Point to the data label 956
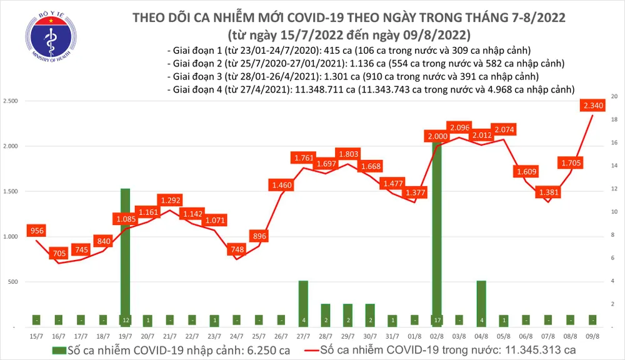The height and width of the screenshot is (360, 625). pos(37,231)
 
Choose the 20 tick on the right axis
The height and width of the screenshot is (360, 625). pos(614,97)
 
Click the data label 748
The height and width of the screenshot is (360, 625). pos(236,249)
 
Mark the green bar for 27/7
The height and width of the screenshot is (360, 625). pos(303,303)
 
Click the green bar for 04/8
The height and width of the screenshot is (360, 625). pos(481,303)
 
